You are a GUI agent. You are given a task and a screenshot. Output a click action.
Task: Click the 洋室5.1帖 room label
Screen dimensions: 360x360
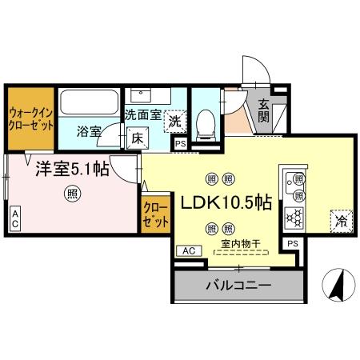[x=72, y=169]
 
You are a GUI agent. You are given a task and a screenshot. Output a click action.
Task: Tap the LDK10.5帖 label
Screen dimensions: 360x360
[x=226, y=203]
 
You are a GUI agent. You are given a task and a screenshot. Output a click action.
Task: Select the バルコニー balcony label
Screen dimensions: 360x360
[x=239, y=286]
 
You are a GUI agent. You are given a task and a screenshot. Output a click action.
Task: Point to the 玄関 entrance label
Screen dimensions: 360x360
[x=263, y=110]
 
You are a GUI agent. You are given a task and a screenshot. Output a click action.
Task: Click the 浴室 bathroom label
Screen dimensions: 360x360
[x=89, y=131]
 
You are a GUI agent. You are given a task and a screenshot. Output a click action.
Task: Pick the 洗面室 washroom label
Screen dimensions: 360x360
[x=143, y=115]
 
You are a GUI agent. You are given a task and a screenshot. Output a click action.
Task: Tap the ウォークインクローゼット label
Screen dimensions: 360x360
[x=30, y=119]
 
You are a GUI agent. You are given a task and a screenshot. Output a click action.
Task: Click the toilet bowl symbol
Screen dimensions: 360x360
[x=206, y=125]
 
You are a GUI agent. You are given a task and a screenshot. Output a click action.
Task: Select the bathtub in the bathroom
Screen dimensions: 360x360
[x=89, y=102]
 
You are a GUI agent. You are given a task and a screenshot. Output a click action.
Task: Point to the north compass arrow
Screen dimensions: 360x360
[x=338, y=286]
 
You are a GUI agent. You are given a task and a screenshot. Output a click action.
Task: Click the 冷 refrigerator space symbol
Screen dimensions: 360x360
[x=342, y=221]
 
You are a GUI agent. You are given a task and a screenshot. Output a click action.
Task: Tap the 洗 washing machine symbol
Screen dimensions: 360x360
[x=175, y=122]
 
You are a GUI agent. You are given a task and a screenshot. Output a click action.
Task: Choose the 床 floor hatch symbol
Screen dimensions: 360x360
[x=138, y=138]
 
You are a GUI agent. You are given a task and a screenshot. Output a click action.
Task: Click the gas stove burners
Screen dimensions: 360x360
[x=294, y=218]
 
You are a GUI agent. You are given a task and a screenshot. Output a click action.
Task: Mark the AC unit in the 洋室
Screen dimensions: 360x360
[x=15, y=219]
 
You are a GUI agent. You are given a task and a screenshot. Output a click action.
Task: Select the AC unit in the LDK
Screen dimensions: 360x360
[x=189, y=251]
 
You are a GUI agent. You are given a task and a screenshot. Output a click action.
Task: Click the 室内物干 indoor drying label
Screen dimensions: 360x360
[x=241, y=244]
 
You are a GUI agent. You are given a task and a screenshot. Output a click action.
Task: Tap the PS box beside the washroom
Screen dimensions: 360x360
[x=181, y=144]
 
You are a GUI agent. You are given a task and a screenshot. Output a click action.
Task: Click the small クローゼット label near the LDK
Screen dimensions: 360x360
[x=156, y=215]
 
